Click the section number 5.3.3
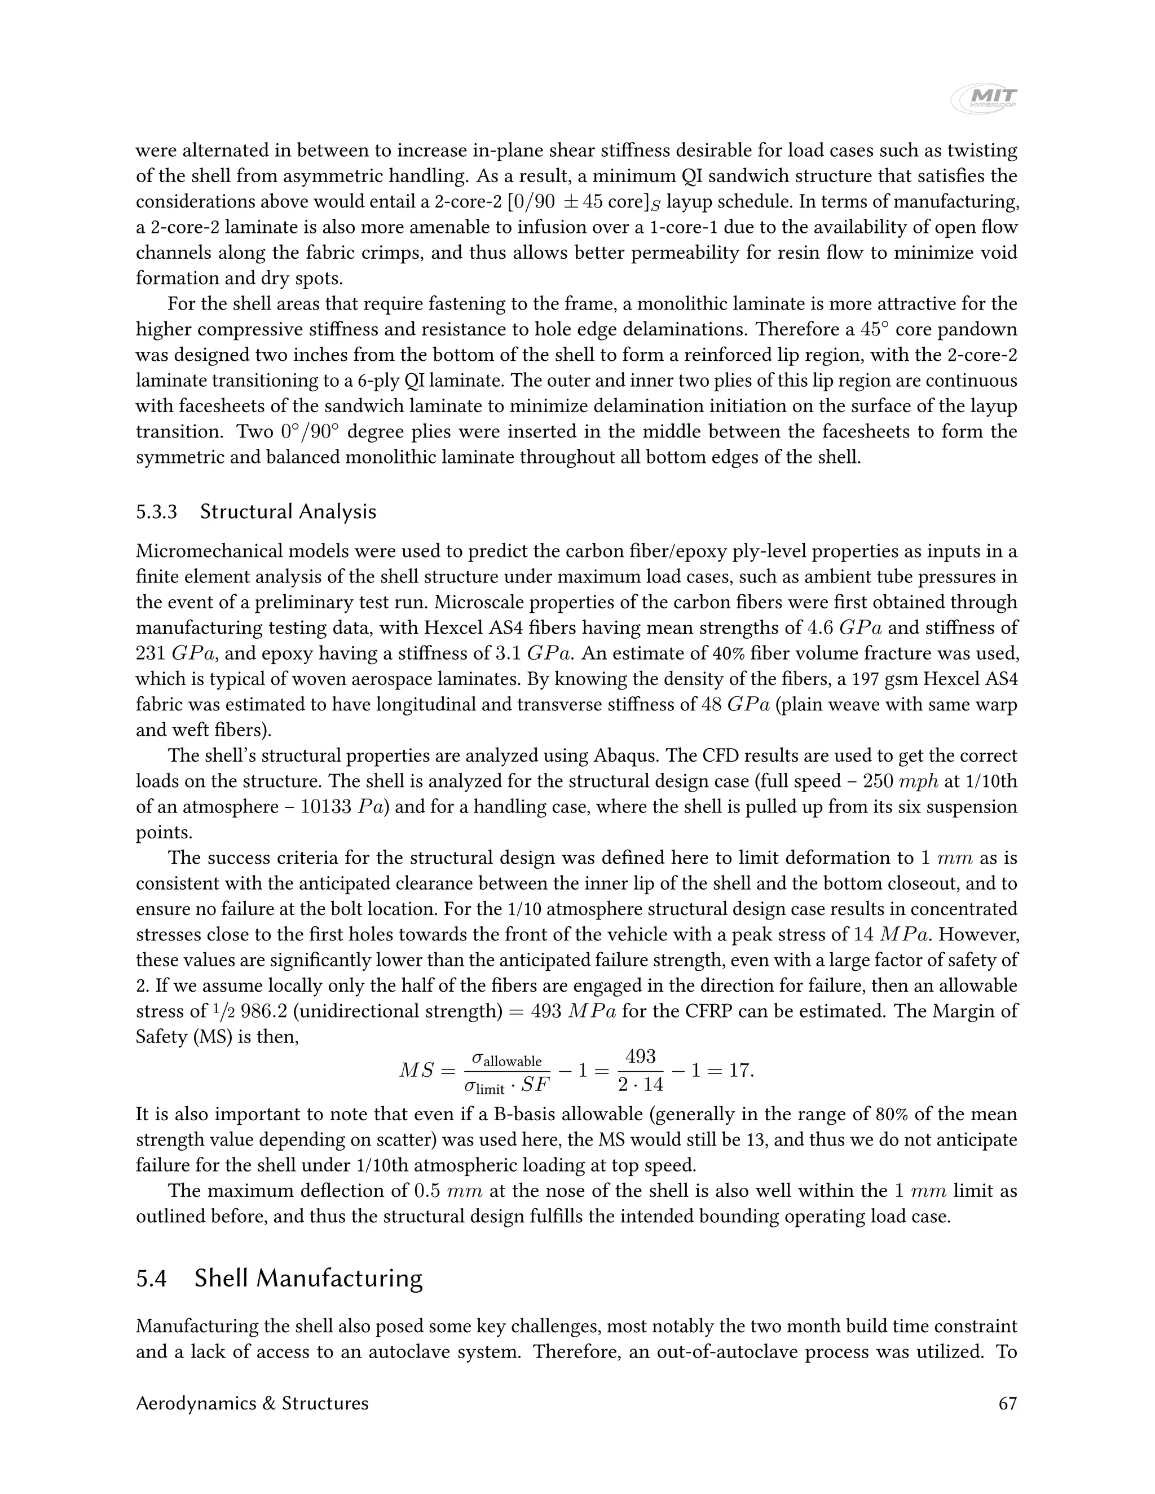(157, 512)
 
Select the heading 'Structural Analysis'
(288, 512)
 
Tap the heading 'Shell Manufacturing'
(308, 1278)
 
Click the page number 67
(1008, 1404)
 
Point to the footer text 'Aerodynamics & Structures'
(252, 1404)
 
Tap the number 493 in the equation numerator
(641, 1057)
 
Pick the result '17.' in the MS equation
(741, 1070)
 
